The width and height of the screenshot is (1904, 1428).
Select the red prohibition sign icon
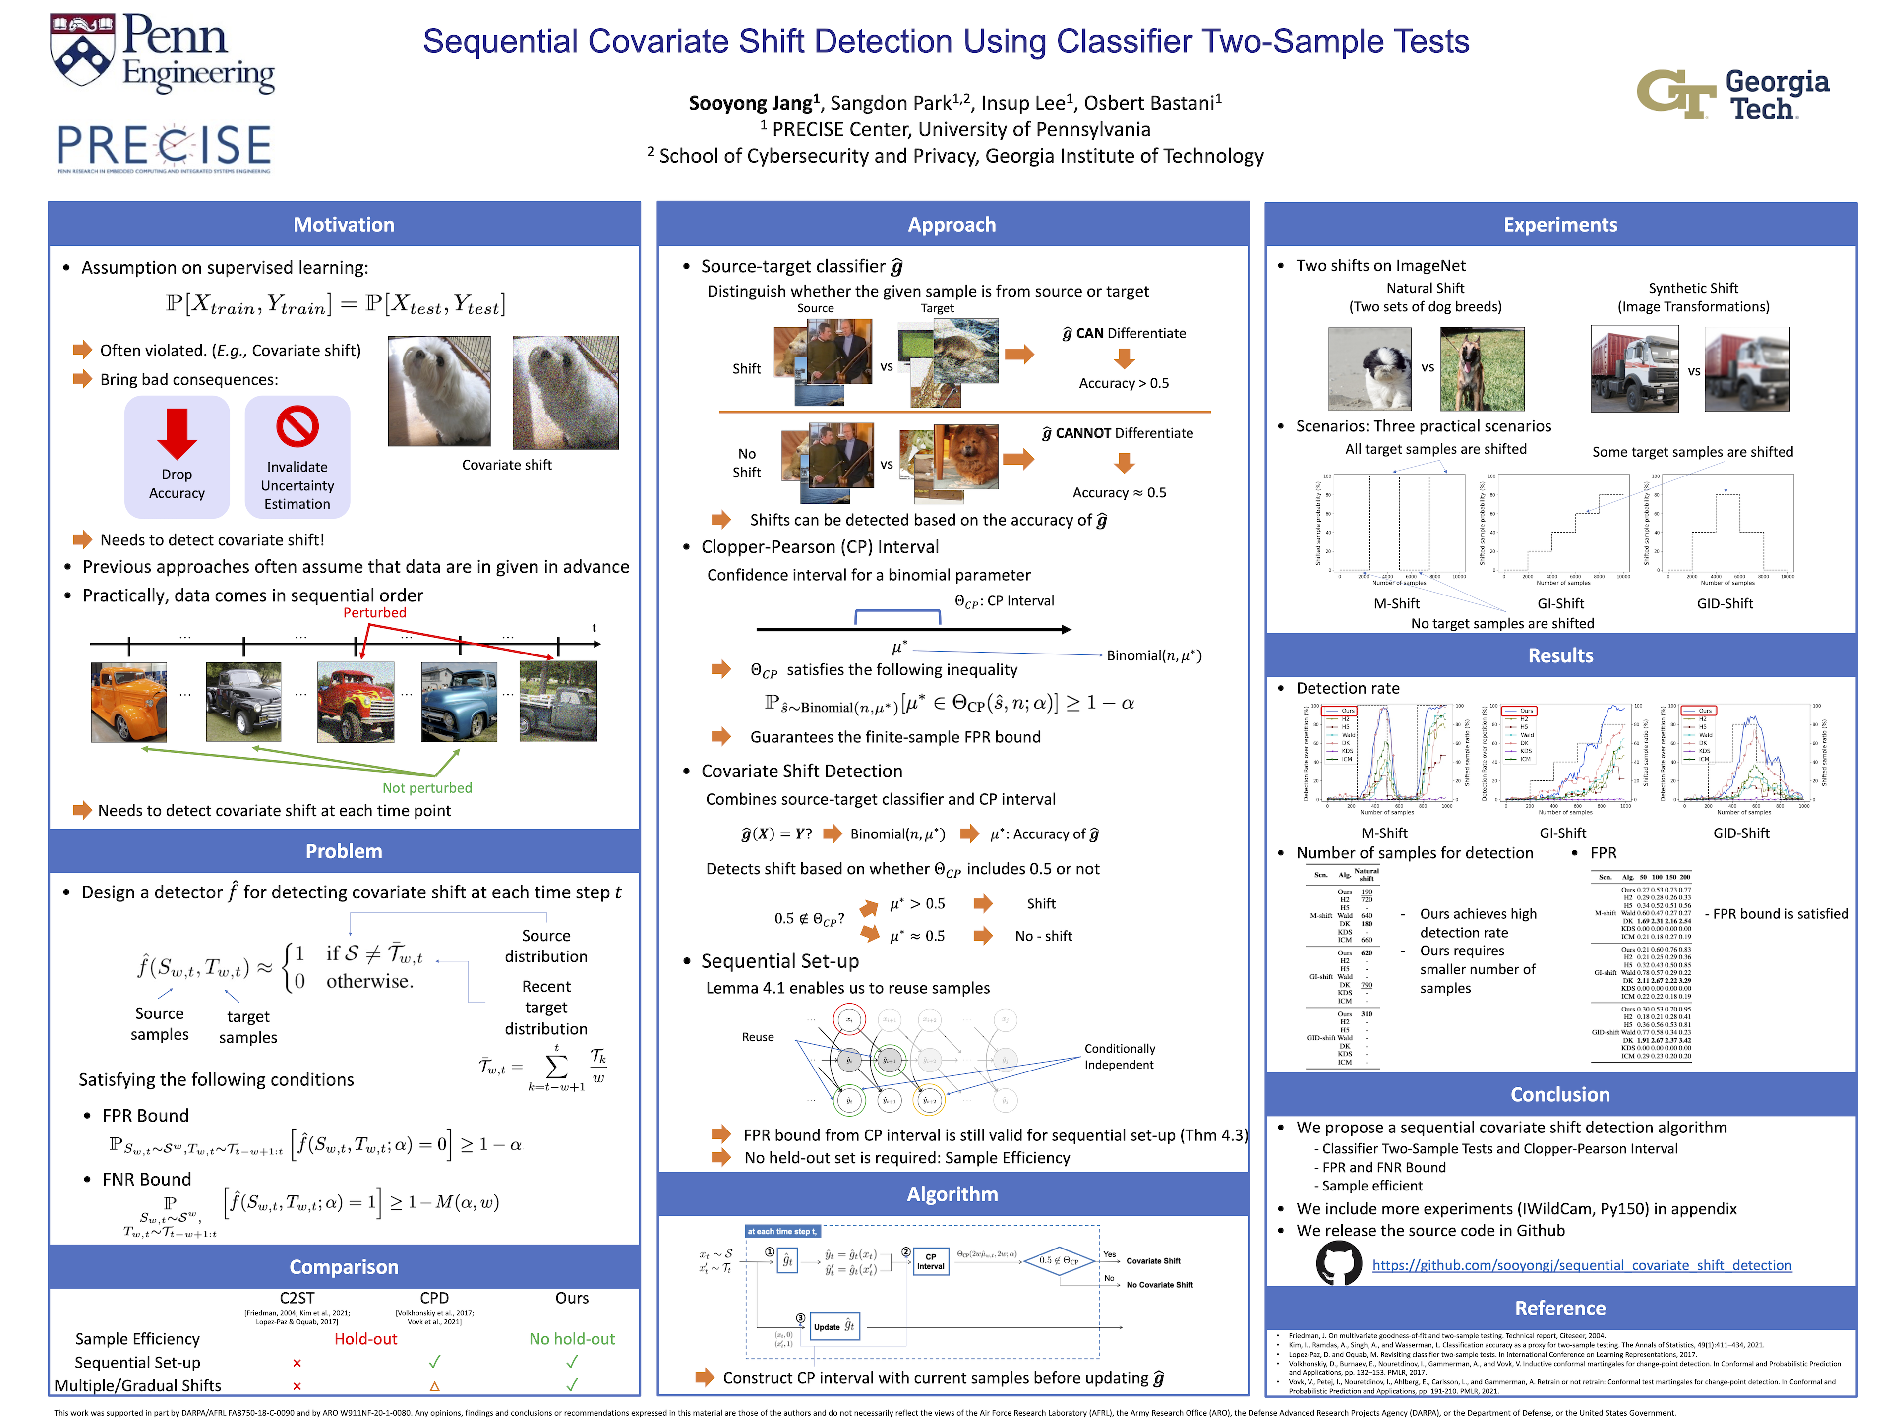pyautogui.click(x=297, y=426)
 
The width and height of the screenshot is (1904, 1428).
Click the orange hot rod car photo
pyautogui.click(x=129, y=702)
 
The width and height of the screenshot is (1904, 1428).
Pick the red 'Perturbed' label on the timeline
pyautogui.click(x=374, y=613)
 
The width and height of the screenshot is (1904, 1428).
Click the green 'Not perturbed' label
pyautogui.click(x=427, y=787)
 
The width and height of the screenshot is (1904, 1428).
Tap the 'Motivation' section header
pyautogui.click(x=344, y=225)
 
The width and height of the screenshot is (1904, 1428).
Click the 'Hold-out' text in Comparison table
pyautogui.click(x=366, y=1338)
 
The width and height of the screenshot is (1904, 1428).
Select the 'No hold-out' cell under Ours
pyautogui.click(x=572, y=1338)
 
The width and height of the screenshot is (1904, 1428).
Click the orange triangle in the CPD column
pyautogui.click(x=435, y=1386)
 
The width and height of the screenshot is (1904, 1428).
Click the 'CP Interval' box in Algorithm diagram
pyautogui.click(x=931, y=1261)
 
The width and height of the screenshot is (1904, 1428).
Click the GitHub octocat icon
pyautogui.click(x=1338, y=1263)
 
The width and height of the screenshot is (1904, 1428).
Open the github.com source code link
pyautogui.click(x=1581, y=1265)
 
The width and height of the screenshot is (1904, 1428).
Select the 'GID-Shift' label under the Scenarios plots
pyautogui.click(x=1724, y=603)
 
